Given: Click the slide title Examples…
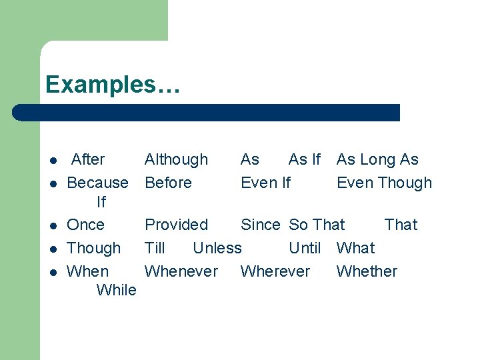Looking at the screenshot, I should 112,85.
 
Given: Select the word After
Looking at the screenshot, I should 88,159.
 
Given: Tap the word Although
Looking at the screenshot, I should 176,159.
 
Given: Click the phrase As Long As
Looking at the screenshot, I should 377,159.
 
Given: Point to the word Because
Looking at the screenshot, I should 98,183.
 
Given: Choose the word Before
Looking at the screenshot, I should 168,183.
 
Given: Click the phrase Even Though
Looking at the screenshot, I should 384,183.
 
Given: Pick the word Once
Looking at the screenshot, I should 86,225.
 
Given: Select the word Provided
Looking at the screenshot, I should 176,225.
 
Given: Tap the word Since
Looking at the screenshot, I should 261,225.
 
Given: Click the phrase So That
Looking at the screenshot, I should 317,225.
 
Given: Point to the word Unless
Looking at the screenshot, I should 217,248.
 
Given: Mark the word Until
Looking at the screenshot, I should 305,248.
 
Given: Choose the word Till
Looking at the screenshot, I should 155,248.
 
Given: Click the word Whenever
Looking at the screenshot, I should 181,271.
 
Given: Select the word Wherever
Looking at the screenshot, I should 275,271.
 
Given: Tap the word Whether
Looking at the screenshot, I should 367,271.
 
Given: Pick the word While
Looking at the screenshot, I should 116,290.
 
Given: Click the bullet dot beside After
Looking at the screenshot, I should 51,161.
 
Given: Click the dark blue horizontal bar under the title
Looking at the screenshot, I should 207,113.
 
